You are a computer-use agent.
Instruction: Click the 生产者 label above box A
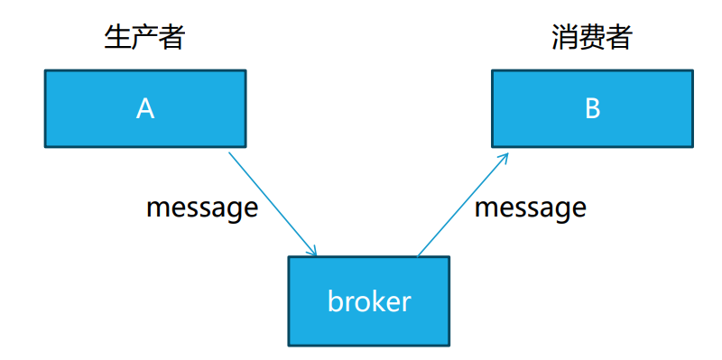144,38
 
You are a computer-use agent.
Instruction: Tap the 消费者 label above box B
592,38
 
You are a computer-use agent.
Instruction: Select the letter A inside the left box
144,108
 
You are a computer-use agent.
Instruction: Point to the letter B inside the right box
592,108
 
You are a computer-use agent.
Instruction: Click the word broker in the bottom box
368,300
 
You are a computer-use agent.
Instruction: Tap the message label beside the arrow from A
202,208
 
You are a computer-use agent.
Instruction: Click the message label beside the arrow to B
531,208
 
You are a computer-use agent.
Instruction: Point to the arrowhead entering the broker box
312,251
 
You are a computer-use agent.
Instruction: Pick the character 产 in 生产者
144,38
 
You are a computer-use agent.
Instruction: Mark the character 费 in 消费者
592,38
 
